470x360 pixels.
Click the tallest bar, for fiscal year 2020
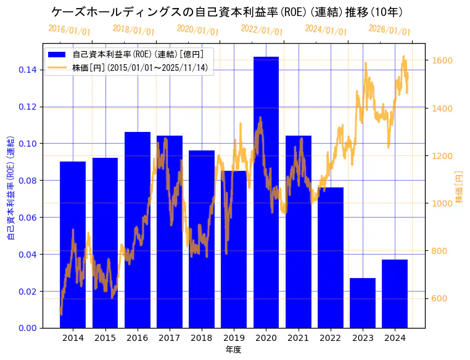click(266, 192)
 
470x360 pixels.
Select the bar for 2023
click(363, 303)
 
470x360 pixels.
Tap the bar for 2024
click(395, 293)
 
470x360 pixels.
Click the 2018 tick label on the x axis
click(202, 338)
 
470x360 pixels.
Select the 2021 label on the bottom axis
click(298, 338)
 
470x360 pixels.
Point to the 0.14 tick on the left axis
click(27, 70)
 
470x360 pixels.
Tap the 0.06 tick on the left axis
click(27, 218)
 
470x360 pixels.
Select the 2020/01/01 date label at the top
click(197, 30)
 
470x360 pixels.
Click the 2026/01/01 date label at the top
click(389, 30)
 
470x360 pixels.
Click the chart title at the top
click(227, 12)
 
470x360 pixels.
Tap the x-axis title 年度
click(233, 350)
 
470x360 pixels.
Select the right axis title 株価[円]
click(459, 188)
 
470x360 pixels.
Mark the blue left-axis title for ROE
click(10, 187)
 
